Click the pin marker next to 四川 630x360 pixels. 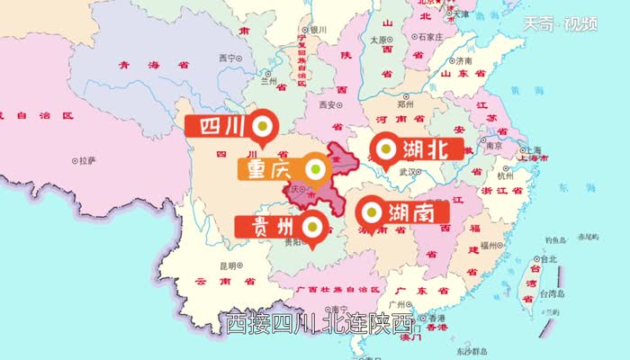point(264,127)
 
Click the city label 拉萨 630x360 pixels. point(86,161)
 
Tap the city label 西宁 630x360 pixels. point(226,58)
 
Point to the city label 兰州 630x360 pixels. point(268,79)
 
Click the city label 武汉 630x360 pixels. point(408,171)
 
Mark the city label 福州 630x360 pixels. point(490,245)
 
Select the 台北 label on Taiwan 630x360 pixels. point(549,260)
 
